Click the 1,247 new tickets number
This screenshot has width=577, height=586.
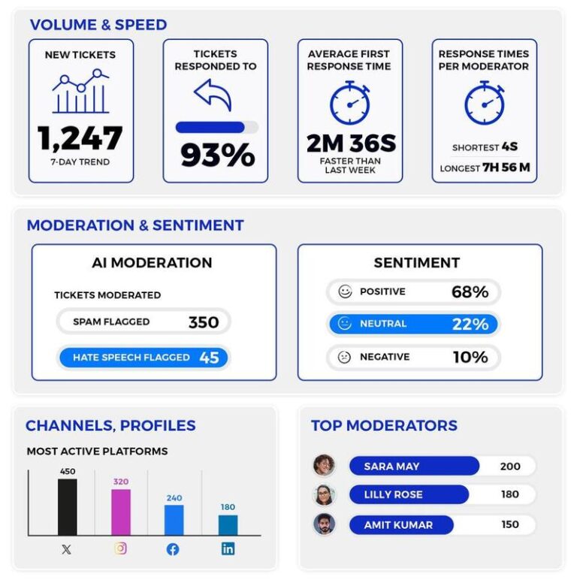tap(80, 138)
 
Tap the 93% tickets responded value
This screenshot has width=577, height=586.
tap(217, 156)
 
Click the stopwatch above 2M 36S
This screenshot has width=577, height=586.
tap(350, 103)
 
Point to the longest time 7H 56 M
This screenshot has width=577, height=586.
tap(506, 168)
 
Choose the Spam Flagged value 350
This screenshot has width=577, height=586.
tap(203, 322)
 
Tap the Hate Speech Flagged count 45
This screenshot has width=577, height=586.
tap(209, 358)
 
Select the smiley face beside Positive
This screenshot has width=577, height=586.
tap(345, 291)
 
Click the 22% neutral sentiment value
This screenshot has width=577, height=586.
tap(470, 324)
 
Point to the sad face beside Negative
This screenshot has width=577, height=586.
tap(345, 358)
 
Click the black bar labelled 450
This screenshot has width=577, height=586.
tap(67, 507)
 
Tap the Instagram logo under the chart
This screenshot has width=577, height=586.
tap(121, 548)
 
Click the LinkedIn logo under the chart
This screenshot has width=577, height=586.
tap(228, 548)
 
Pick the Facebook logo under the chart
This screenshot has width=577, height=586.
tap(173, 549)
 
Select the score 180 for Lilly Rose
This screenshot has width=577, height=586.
tap(509, 494)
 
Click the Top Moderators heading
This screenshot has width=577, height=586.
tap(384, 425)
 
